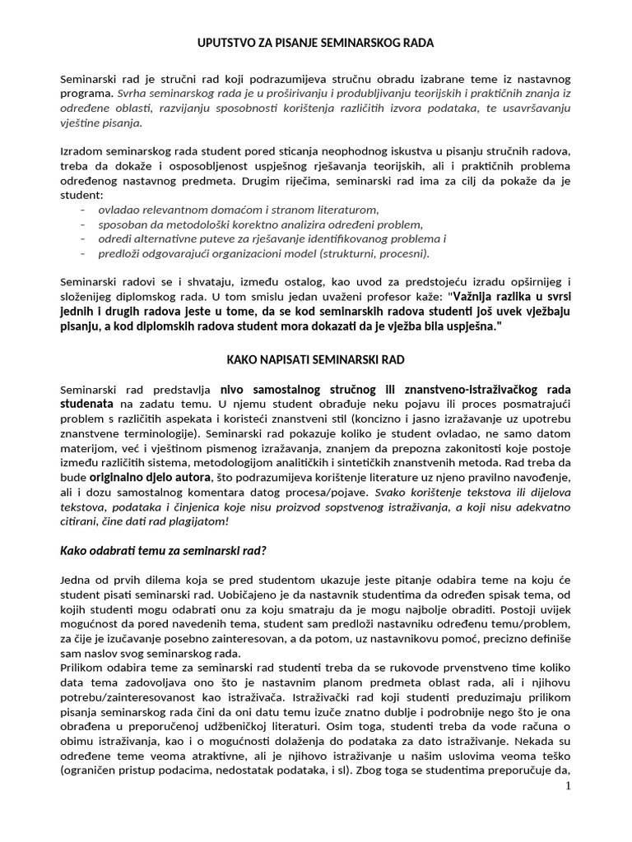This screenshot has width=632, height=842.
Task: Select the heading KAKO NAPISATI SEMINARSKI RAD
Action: (316, 359)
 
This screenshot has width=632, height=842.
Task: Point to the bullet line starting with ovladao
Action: (238, 210)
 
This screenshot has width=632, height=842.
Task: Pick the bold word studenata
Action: (88, 404)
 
